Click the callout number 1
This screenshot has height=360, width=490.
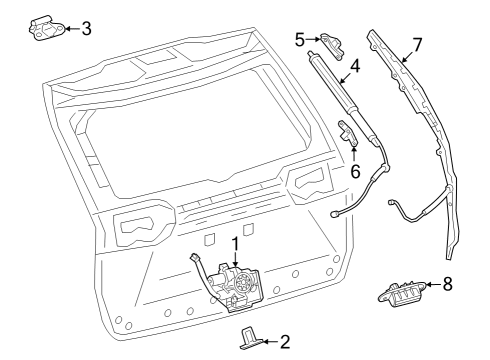coord(235,243)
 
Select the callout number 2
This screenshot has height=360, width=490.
coord(285,342)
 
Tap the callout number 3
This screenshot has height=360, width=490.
coord(86,28)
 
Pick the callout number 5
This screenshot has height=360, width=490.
coord(299,39)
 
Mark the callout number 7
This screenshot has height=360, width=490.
coord(418,45)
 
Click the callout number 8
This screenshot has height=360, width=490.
coord(447,284)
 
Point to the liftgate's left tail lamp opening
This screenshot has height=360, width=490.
coord(136,228)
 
